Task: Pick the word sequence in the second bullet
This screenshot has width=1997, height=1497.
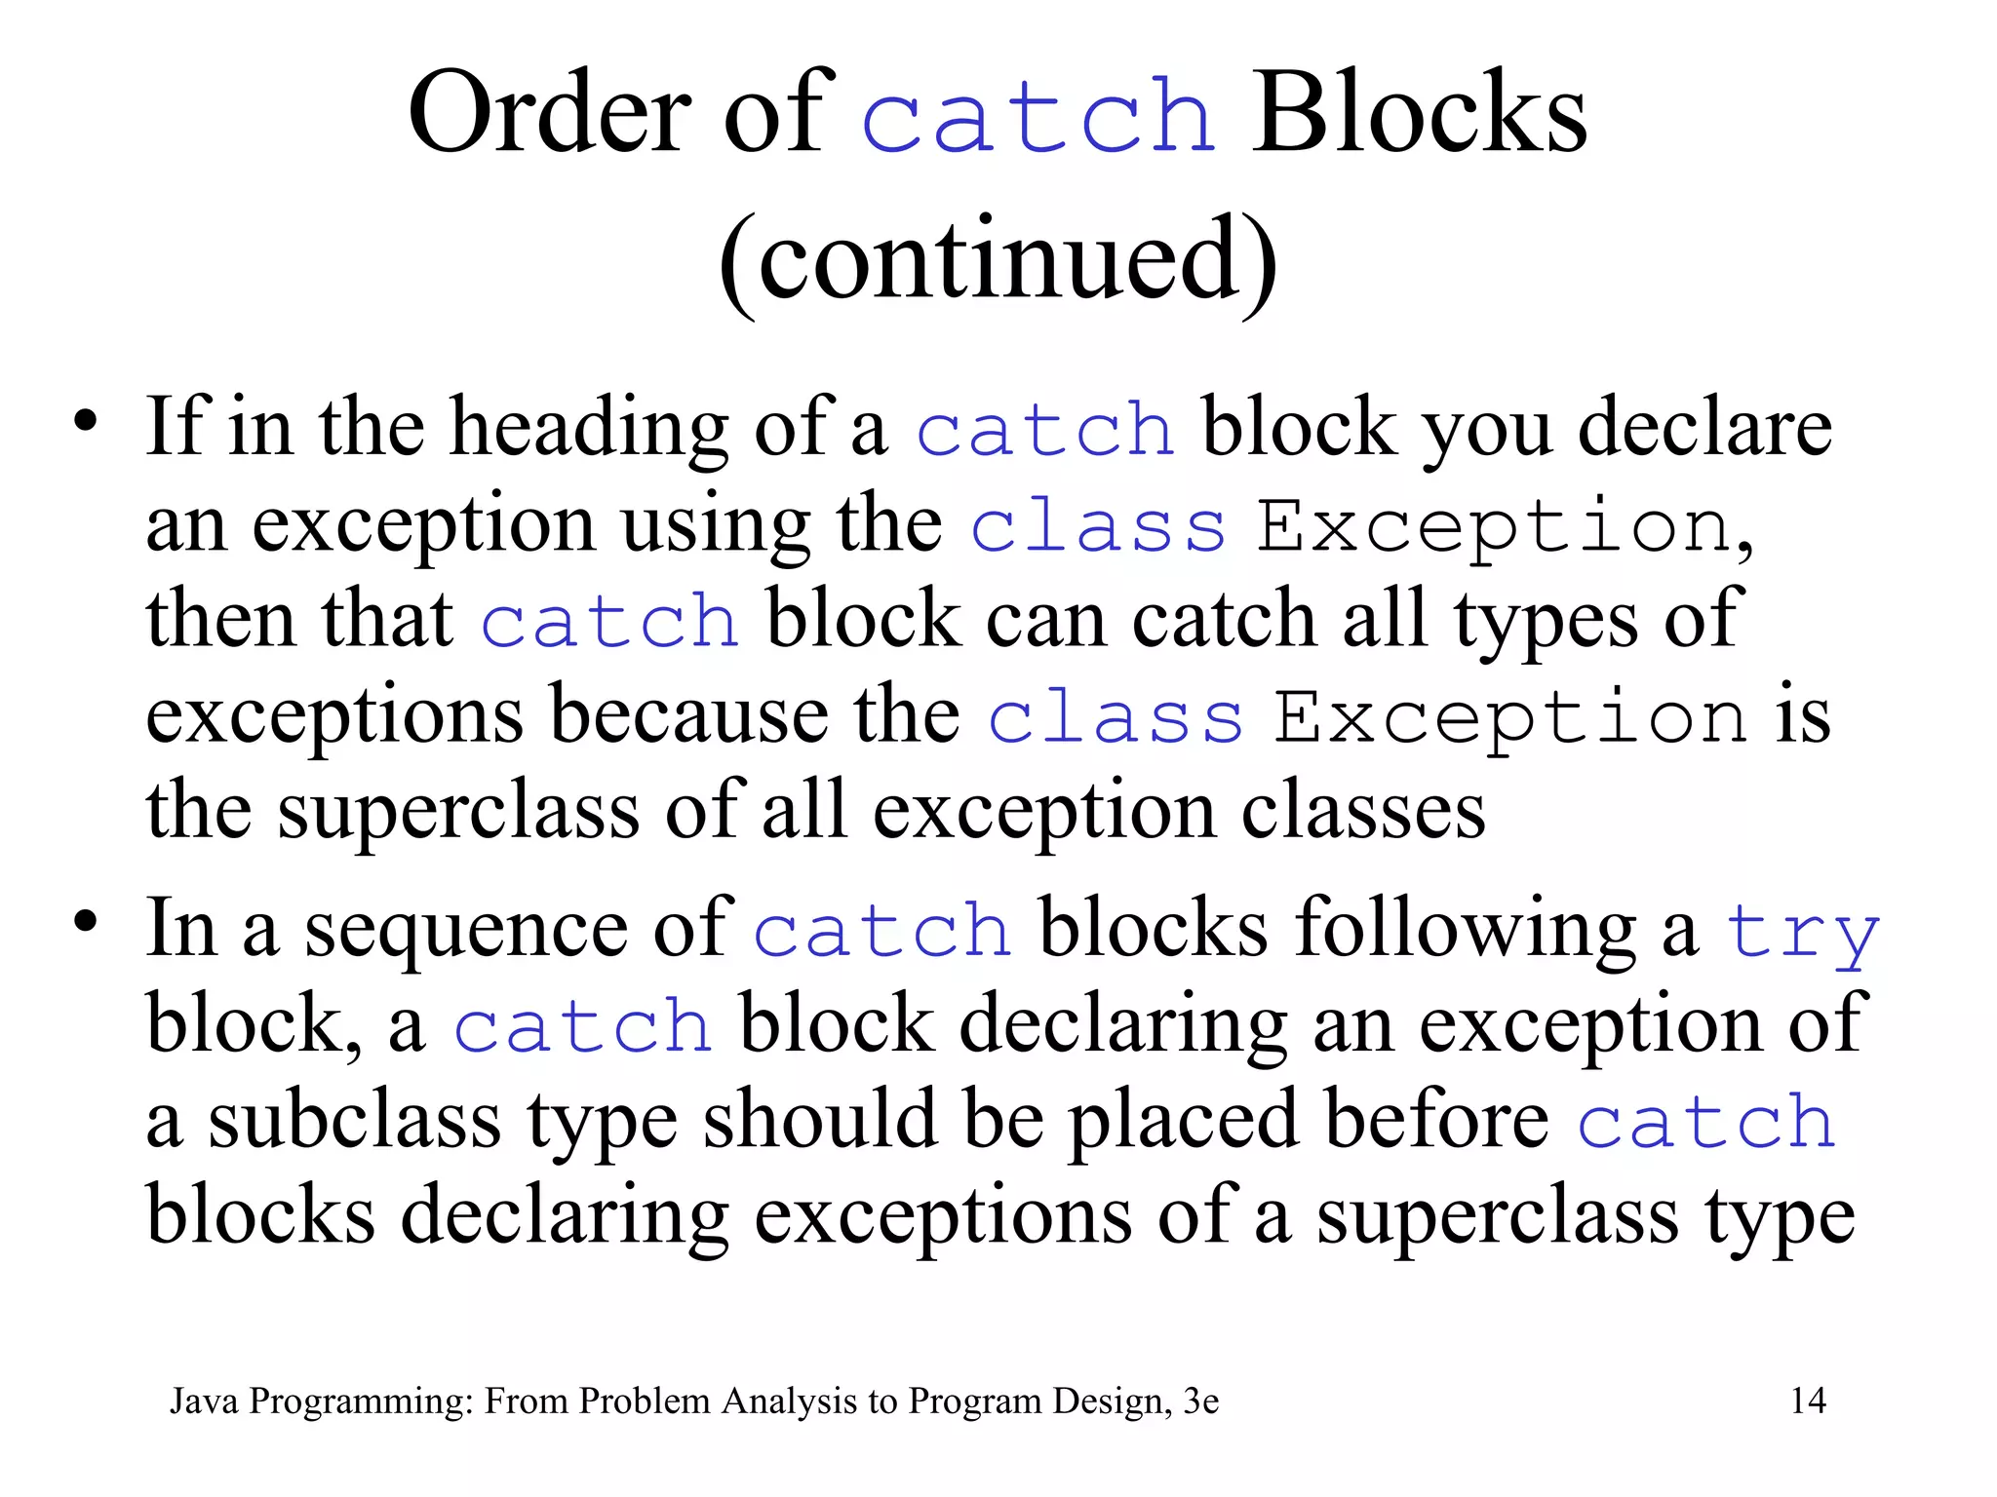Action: (466, 931)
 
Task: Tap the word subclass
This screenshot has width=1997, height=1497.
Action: (355, 1120)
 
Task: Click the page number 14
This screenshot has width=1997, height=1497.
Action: (1808, 1401)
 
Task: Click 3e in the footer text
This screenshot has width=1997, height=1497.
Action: (1200, 1401)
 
